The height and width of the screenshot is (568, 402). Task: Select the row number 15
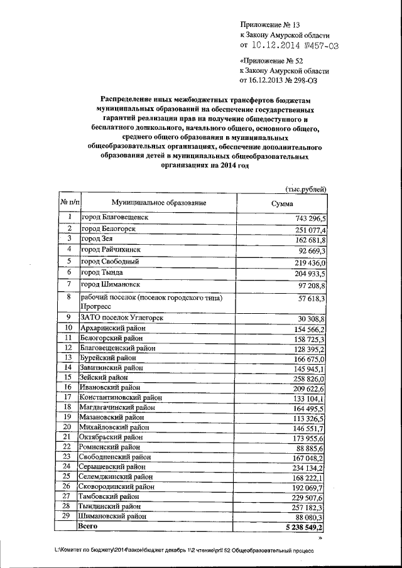coord(68,377)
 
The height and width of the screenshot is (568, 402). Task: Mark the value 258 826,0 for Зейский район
coord(308,378)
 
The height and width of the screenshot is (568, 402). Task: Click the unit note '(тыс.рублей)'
coord(305,189)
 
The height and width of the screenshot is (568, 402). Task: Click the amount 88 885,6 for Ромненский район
coord(311,447)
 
